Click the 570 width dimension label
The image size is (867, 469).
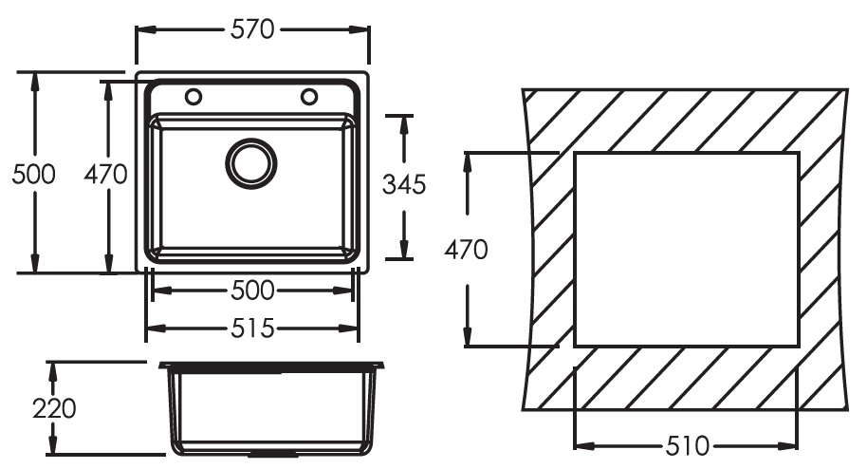click(252, 29)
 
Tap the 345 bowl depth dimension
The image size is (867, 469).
click(403, 185)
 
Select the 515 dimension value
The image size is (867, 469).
click(252, 328)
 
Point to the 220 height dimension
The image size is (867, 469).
click(54, 409)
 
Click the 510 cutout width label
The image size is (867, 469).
click(687, 445)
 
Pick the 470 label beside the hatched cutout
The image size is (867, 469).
click(467, 251)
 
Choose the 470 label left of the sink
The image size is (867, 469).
click(105, 175)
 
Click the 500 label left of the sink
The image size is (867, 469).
click(33, 175)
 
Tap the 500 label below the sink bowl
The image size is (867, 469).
click(252, 290)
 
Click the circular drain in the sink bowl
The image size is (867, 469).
click(251, 162)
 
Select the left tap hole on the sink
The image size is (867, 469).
click(194, 97)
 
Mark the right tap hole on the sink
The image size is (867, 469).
click(309, 97)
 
